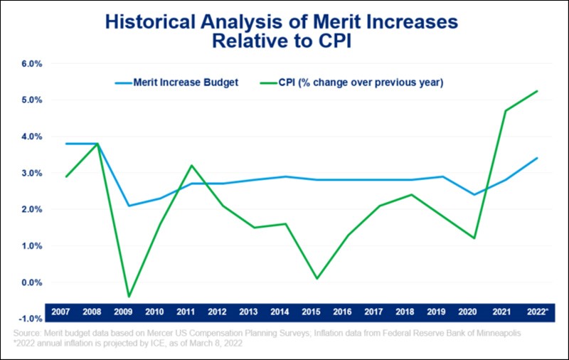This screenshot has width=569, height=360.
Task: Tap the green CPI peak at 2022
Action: [537, 91]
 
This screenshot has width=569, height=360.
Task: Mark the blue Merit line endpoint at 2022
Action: [537, 158]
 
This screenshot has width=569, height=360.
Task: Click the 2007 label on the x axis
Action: [61, 312]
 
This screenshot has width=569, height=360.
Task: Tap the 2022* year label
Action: [538, 312]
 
